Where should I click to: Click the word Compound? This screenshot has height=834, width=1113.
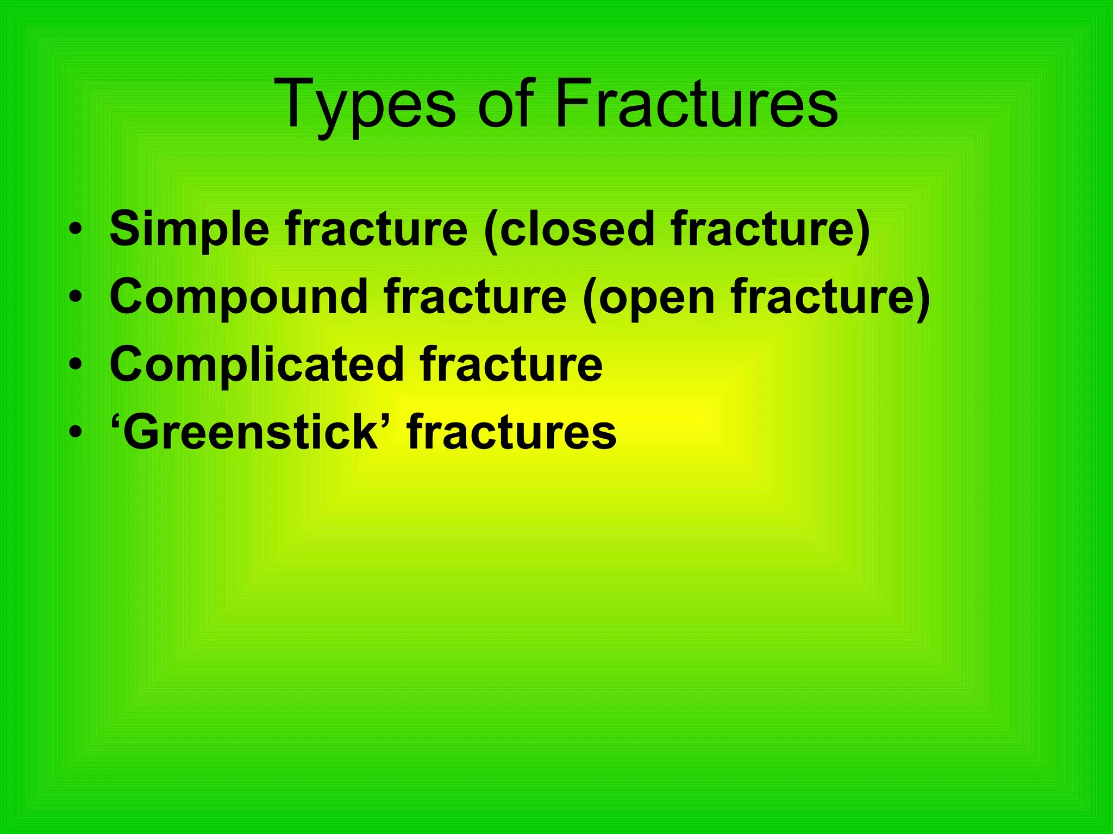[239, 297]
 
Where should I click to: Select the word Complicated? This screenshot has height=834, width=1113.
[257, 364]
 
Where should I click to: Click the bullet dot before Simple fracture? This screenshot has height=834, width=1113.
[76, 229]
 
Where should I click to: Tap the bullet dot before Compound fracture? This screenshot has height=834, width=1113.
[76, 297]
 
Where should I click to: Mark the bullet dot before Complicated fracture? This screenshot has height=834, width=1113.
[76, 365]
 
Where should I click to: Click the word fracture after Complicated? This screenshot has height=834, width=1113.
[511, 364]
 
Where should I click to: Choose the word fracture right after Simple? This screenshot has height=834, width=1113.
[377, 229]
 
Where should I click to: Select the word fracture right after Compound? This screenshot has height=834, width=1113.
[475, 297]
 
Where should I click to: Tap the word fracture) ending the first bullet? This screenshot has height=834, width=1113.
[770, 229]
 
